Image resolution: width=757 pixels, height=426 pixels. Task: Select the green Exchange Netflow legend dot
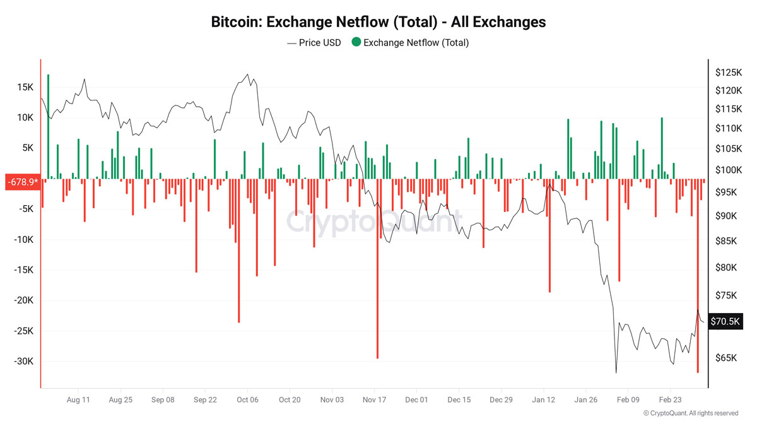click(x=356, y=43)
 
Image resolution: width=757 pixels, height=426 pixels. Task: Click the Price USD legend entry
click(x=314, y=43)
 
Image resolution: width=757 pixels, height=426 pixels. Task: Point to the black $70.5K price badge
click(x=725, y=321)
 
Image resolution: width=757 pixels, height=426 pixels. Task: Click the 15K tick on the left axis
click(x=25, y=87)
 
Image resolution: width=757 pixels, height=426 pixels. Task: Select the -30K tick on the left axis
click(x=23, y=362)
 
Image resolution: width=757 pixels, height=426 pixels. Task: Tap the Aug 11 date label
click(x=78, y=400)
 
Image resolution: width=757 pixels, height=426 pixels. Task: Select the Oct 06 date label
click(x=247, y=400)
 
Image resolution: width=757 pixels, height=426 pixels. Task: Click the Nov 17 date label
click(x=374, y=400)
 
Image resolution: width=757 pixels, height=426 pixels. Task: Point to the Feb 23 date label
click(x=671, y=400)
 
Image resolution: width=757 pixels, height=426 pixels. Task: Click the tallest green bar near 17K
click(x=48, y=126)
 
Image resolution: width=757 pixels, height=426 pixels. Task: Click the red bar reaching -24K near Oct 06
click(x=238, y=252)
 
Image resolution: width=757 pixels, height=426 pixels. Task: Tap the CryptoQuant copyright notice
click(x=691, y=413)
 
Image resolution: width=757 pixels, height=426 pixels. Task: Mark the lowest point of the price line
click(x=616, y=372)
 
